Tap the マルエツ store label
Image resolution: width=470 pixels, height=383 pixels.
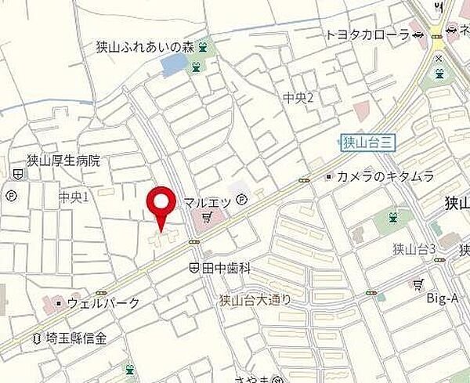click(207, 202)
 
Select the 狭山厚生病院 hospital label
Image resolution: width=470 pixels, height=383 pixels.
click(63, 161)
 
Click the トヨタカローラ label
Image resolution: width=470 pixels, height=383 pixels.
click(367, 35)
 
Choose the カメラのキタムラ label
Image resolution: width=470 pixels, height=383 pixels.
click(385, 177)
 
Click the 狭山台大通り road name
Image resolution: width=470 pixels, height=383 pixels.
click(255, 298)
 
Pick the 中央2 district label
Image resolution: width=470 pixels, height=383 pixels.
click(298, 97)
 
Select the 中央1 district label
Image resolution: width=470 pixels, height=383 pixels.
click(74, 196)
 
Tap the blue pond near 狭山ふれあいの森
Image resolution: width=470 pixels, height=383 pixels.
click(172, 66)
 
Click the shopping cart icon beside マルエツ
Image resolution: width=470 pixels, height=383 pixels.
click(208, 216)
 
